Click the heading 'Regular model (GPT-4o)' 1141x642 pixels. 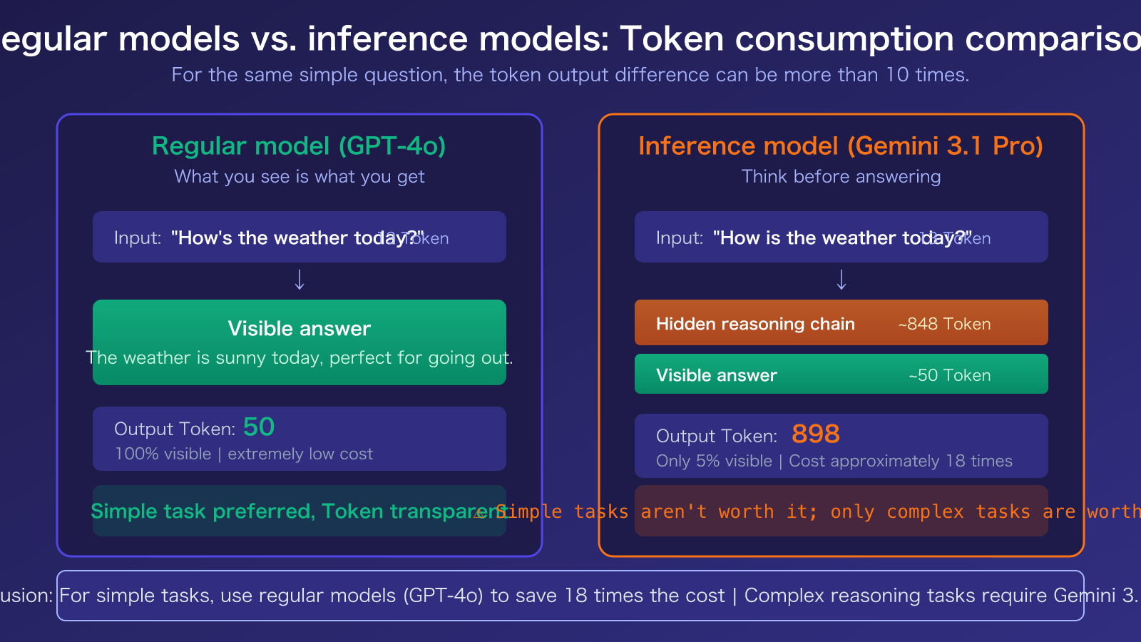(299, 146)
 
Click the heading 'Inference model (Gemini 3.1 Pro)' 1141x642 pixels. (841, 146)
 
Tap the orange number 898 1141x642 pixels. (815, 434)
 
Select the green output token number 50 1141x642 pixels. (258, 427)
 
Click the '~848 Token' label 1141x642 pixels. (944, 324)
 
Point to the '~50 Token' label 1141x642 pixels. (949, 375)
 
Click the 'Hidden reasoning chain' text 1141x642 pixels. (754, 324)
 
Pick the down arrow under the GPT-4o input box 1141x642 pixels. (300, 280)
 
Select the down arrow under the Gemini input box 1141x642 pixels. (841, 280)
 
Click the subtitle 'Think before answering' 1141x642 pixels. (841, 177)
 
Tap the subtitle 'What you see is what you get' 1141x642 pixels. (299, 177)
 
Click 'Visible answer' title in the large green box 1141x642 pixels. (299, 329)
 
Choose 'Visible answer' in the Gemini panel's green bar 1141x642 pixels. (716, 375)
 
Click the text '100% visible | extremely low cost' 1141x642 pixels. (243, 454)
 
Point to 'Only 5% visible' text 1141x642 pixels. (713, 462)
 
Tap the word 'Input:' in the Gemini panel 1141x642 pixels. (679, 238)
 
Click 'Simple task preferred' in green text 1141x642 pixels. (202, 511)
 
